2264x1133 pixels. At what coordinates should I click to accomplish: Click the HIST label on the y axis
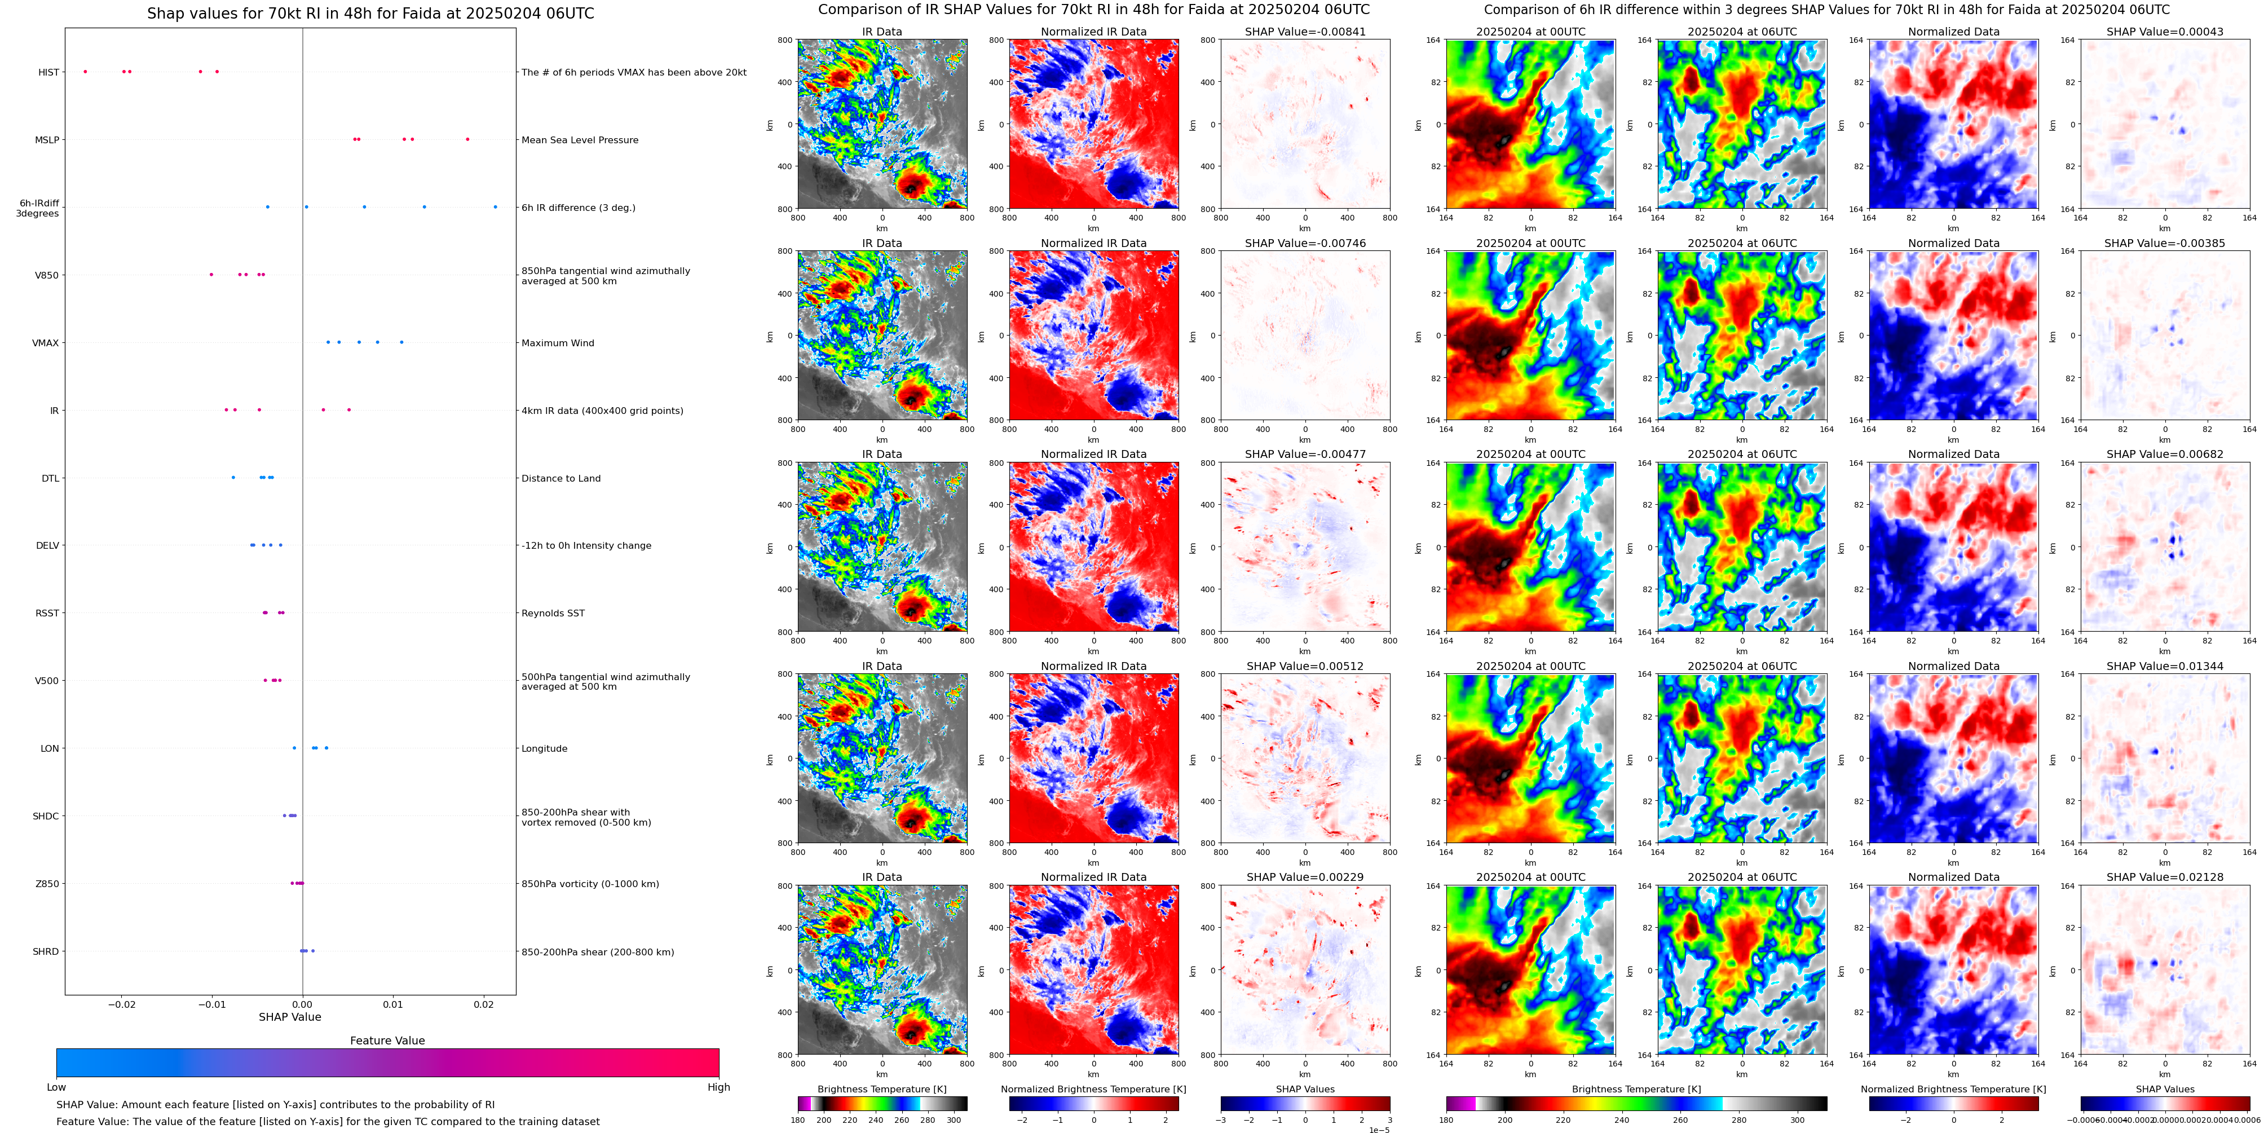[48, 72]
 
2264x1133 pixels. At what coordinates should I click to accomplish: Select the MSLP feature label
[47, 140]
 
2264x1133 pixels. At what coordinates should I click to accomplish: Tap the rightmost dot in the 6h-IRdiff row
[495, 208]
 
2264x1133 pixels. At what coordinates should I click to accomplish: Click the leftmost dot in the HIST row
[85, 71]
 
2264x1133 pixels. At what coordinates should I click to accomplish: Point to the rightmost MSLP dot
[467, 139]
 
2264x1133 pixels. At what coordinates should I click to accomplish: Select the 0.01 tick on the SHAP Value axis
[393, 1004]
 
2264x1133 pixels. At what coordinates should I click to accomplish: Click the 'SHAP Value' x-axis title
[289, 1017]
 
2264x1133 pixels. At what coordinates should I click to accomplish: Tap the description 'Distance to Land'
[561, 478]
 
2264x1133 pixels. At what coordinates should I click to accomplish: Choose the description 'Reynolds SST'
[553, 614]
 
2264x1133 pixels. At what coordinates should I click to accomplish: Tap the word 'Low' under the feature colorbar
[56, 1087]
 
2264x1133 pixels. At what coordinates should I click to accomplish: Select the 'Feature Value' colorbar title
[387, 1041]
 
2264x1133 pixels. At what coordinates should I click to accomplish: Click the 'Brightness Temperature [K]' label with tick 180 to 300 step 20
[881, 1089]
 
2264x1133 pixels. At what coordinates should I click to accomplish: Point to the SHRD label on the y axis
[46, 952]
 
